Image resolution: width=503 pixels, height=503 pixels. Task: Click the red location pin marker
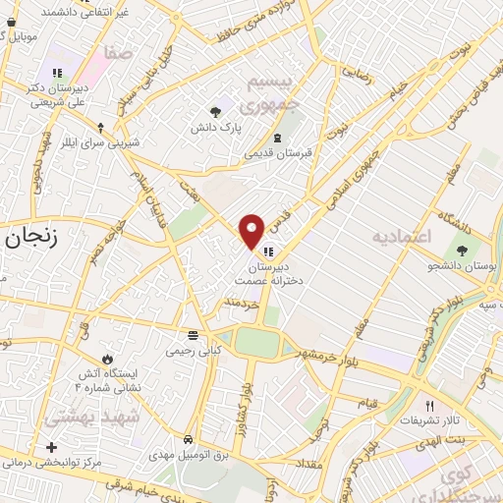point(251,231)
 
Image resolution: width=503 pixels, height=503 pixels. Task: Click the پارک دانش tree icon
point(215,111)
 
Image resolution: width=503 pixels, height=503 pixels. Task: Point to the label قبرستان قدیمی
point(277,154)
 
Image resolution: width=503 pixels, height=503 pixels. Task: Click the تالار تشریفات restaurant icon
point(428,406)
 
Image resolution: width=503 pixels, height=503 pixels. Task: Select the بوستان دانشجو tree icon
point(462,251)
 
